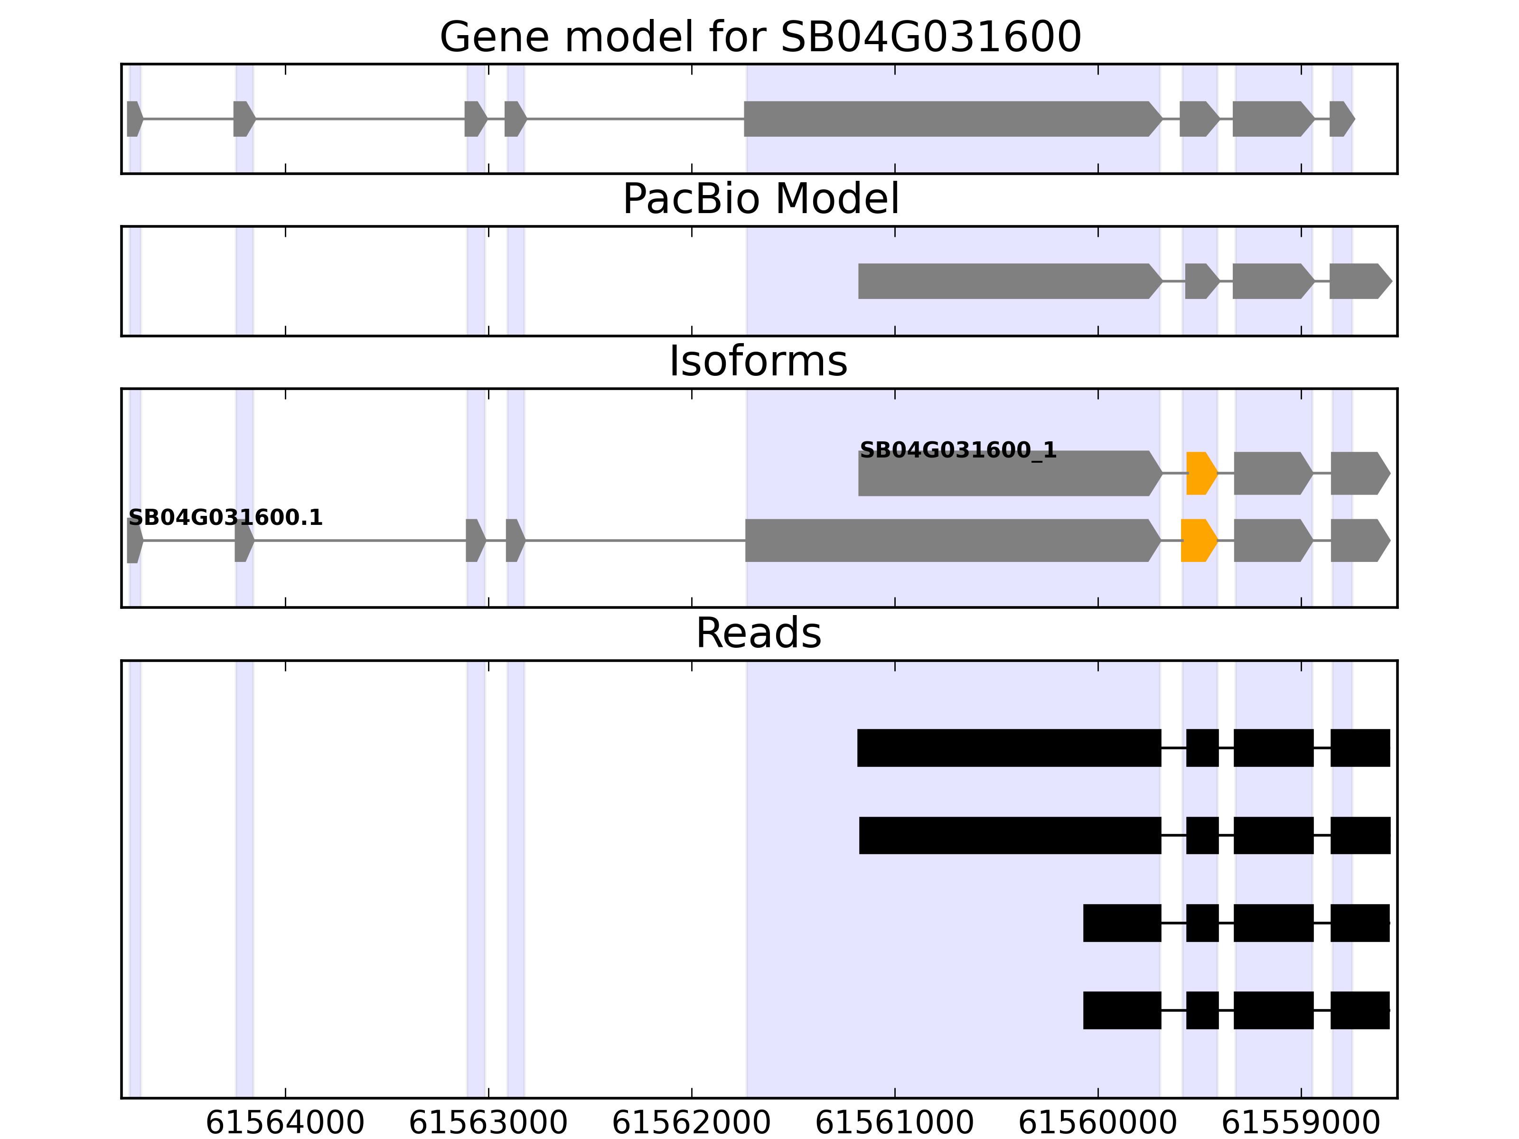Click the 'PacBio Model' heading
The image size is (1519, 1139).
pos(759,199)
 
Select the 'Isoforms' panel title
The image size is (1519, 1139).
pos(758,361)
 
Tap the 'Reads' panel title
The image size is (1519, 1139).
pos(758,633)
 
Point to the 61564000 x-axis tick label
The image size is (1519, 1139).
pos(285,1122)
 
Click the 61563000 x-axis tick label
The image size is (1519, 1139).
pos(488,1122)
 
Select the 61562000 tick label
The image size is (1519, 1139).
pos(692,1122)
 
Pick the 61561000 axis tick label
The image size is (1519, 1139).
pos(894,1122)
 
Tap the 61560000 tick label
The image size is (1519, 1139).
pos(1097,1122)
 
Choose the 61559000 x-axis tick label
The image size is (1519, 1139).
pos(1301,1122)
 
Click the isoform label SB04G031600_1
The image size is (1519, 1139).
pos(958,450)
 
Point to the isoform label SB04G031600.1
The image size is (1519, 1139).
pos(225,518)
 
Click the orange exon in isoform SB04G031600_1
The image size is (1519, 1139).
pos(1200,473)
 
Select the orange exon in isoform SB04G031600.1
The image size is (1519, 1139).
pos(1198,541)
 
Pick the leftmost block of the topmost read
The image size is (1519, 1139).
pos(1009,747)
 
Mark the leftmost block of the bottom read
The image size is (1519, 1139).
pos(1122,1010)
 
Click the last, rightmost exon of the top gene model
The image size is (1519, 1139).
pos(1341,119)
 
